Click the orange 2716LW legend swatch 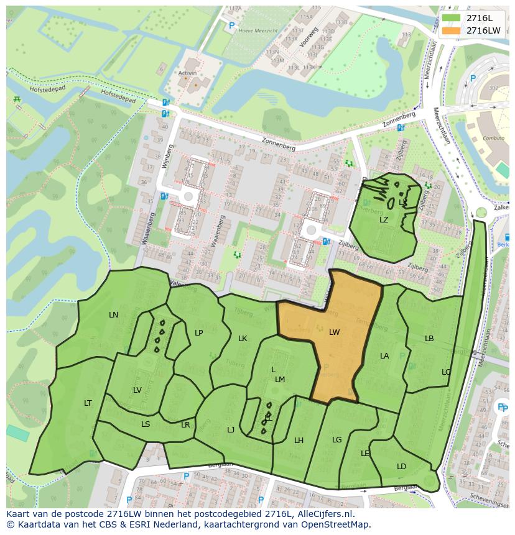pos(452,30)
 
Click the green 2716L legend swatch pos(452,18)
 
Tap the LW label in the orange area pos(335,332)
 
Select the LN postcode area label pos(113,315)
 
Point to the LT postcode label pos(88,403)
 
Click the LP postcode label pos(199,333)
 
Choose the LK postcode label pos(243,339)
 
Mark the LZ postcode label pos(384,220)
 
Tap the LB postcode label pos(429,339)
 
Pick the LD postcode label pos(401,467)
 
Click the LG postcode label pos(336,440)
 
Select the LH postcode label pos(299,441)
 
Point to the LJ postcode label pos(231,429)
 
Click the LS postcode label pos(146,424)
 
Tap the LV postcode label pos(137,390)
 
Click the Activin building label pos(187,73)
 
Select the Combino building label pos(494,138)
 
